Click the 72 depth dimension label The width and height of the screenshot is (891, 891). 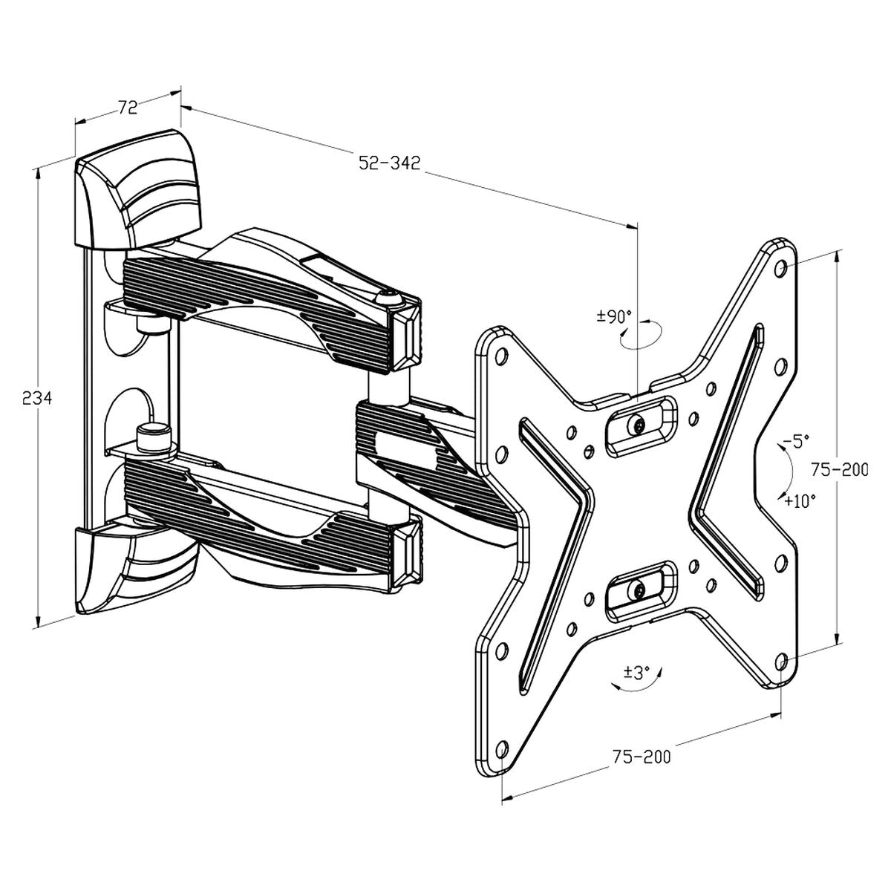(x=128, y=107)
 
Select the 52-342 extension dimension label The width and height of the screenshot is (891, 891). (x=389, y=163)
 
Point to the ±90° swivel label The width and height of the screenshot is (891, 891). (x=614, y=316)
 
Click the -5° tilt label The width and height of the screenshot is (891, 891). (x=792, y=442)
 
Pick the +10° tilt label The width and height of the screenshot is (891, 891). (x=800, y=500)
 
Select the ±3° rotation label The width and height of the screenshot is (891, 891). (x=636, y=673)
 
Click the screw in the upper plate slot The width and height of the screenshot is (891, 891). (x=639, y=425)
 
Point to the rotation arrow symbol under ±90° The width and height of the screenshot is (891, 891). (x=641, y=336)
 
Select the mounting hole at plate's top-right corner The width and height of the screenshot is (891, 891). (x=779, y=265)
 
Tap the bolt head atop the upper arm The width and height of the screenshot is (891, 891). (x=387, y=298)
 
